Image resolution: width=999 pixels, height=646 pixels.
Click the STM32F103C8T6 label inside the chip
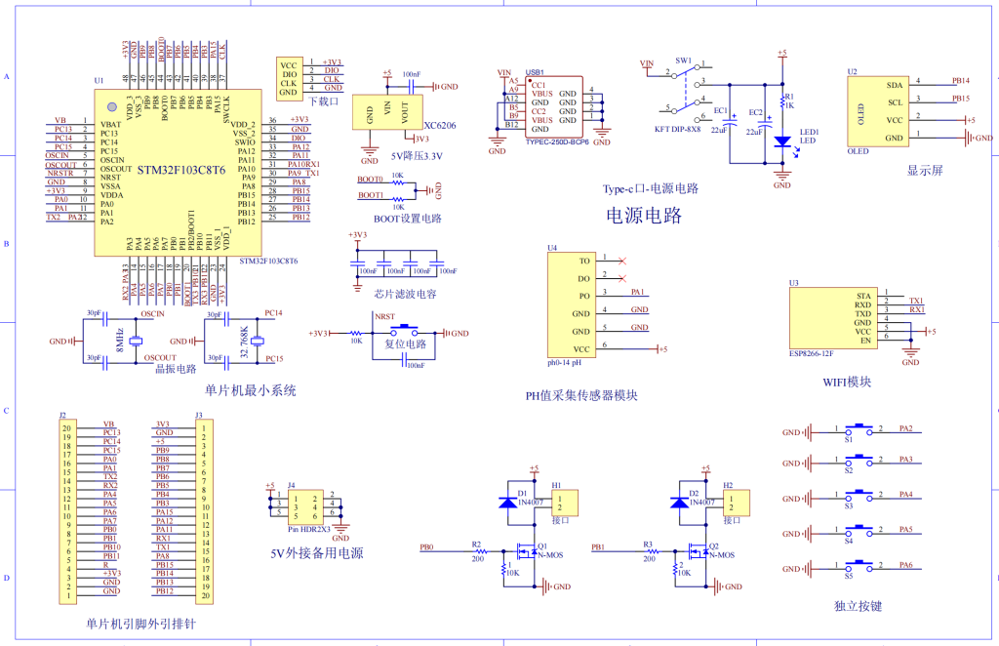[180, 169]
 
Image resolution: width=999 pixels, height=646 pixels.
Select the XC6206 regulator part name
[441, 126]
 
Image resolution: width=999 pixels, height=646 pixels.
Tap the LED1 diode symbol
[781, 141]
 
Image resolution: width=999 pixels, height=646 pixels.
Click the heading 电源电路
[644, 215]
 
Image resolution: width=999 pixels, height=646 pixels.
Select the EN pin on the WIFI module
[864, 340]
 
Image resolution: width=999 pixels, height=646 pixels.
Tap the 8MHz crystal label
[120, 342]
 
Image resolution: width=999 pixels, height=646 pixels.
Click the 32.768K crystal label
[244, 343]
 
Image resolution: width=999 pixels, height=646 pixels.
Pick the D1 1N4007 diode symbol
[508, 502]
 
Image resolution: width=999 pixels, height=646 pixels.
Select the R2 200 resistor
[477, 552]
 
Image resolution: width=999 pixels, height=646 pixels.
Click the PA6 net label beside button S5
[905, 565]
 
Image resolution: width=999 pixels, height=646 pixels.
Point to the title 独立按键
[859, 606]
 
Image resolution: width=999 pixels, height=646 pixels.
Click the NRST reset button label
[385, 317]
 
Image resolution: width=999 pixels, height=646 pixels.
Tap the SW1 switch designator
[683, 61]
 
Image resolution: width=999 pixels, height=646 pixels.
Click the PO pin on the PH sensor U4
[584, 295]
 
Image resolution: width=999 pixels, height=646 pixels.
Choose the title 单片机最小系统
[250, 390]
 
